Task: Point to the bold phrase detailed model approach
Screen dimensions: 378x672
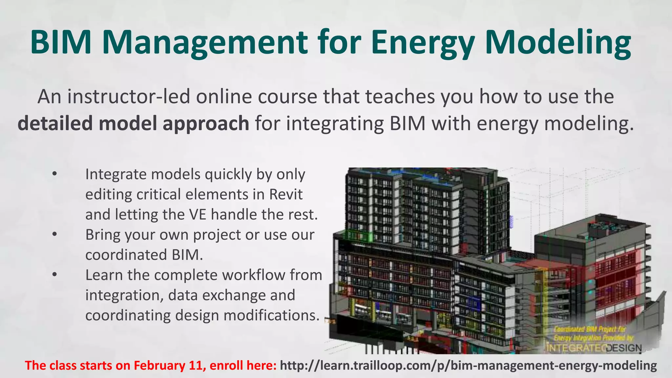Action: click(133, 124)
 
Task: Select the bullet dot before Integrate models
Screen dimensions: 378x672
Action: click(54, 174)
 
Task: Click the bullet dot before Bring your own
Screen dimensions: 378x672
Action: click(54, 235)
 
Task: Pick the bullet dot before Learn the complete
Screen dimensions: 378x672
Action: click(54, 275)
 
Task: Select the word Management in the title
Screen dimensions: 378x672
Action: click(205, 43)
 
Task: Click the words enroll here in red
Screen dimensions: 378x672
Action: click(243, 366)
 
